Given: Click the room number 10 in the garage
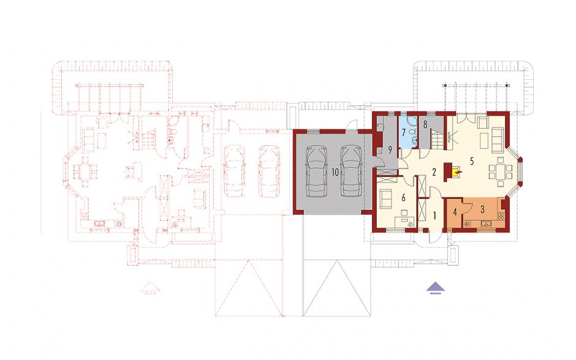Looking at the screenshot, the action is pyautogui.click(x=335, y=172).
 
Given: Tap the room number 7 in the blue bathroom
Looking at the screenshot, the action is pyautogui.click(x=403, y=131).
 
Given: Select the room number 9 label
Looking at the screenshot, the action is pyautogui.click(x=390, y=150).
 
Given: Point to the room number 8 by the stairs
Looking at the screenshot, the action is pyautogui.click(x=425, y=124).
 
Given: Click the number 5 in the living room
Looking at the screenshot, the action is pyautogui.click(x=472, y=161).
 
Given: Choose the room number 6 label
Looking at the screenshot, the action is pyautogui.click(x=403, y=198).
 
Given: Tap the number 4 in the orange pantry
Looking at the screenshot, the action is pyautogui.click(x=455, y=213).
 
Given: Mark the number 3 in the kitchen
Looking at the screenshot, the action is pyautogui.click(x=483, y=209).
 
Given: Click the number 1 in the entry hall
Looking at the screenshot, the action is pyautogui.click(x=434, y=215).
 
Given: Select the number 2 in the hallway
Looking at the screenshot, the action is pyautogui.click(x=434, y=172).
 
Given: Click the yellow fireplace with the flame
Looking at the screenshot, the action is pyautogui.click(x=457, y=172).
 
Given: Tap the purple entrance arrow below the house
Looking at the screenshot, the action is pyautogui.click(x=434, y=288).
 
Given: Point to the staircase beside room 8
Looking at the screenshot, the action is pyautogui.click(x=438, y=139).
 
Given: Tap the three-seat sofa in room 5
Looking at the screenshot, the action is pyautogui.click(x=498, y=140).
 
